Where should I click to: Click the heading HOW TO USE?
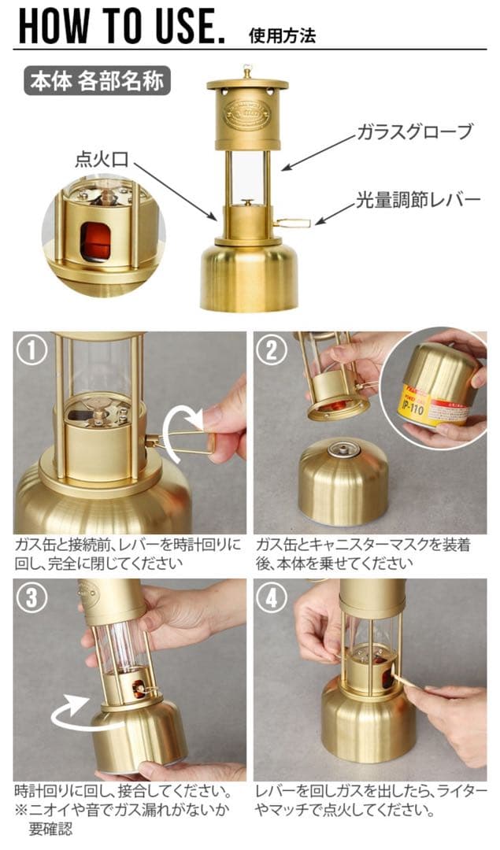121,26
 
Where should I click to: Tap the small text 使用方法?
282,36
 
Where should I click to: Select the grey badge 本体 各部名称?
97,81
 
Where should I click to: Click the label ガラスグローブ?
414,131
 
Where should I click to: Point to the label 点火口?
102,159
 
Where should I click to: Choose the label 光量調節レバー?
418,200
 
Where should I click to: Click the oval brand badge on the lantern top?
247,114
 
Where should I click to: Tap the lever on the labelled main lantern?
292,223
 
